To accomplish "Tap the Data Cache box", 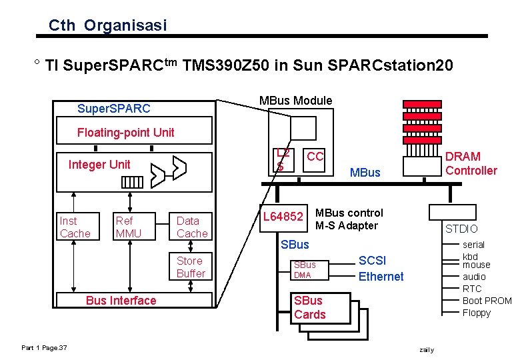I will click(192, 227).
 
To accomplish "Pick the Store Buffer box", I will click(191, 267).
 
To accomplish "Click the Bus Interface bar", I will click(121, 301).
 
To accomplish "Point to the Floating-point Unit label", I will click(125, 132).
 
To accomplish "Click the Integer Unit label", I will click(99, 165).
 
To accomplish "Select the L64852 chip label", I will click(283, 216).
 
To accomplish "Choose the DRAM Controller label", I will click(471, 163).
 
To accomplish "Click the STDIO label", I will click(461, 229).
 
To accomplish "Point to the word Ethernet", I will click(381, 277).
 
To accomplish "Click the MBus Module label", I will click(295, 101).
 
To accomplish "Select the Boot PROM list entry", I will click(487, 301).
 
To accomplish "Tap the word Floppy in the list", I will click(476, 313).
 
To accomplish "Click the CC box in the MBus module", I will click(315, 157).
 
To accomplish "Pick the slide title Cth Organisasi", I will click(107, 26).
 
